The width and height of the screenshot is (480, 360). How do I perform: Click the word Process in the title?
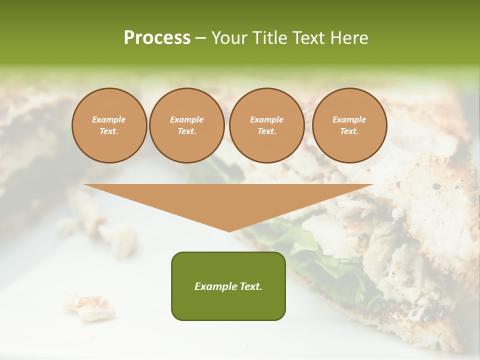[157, 38]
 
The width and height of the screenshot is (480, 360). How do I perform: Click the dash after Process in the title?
[201, 39]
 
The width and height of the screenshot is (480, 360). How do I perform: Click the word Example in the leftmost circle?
[109, 119]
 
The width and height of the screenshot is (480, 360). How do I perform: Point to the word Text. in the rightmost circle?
[349, 131]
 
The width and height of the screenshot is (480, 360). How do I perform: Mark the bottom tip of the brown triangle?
[229, 231]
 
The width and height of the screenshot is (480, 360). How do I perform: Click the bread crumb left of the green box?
[90, 306]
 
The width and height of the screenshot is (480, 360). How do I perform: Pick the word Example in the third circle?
[266, 119]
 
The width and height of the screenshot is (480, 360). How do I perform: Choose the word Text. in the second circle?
[187, 131]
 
